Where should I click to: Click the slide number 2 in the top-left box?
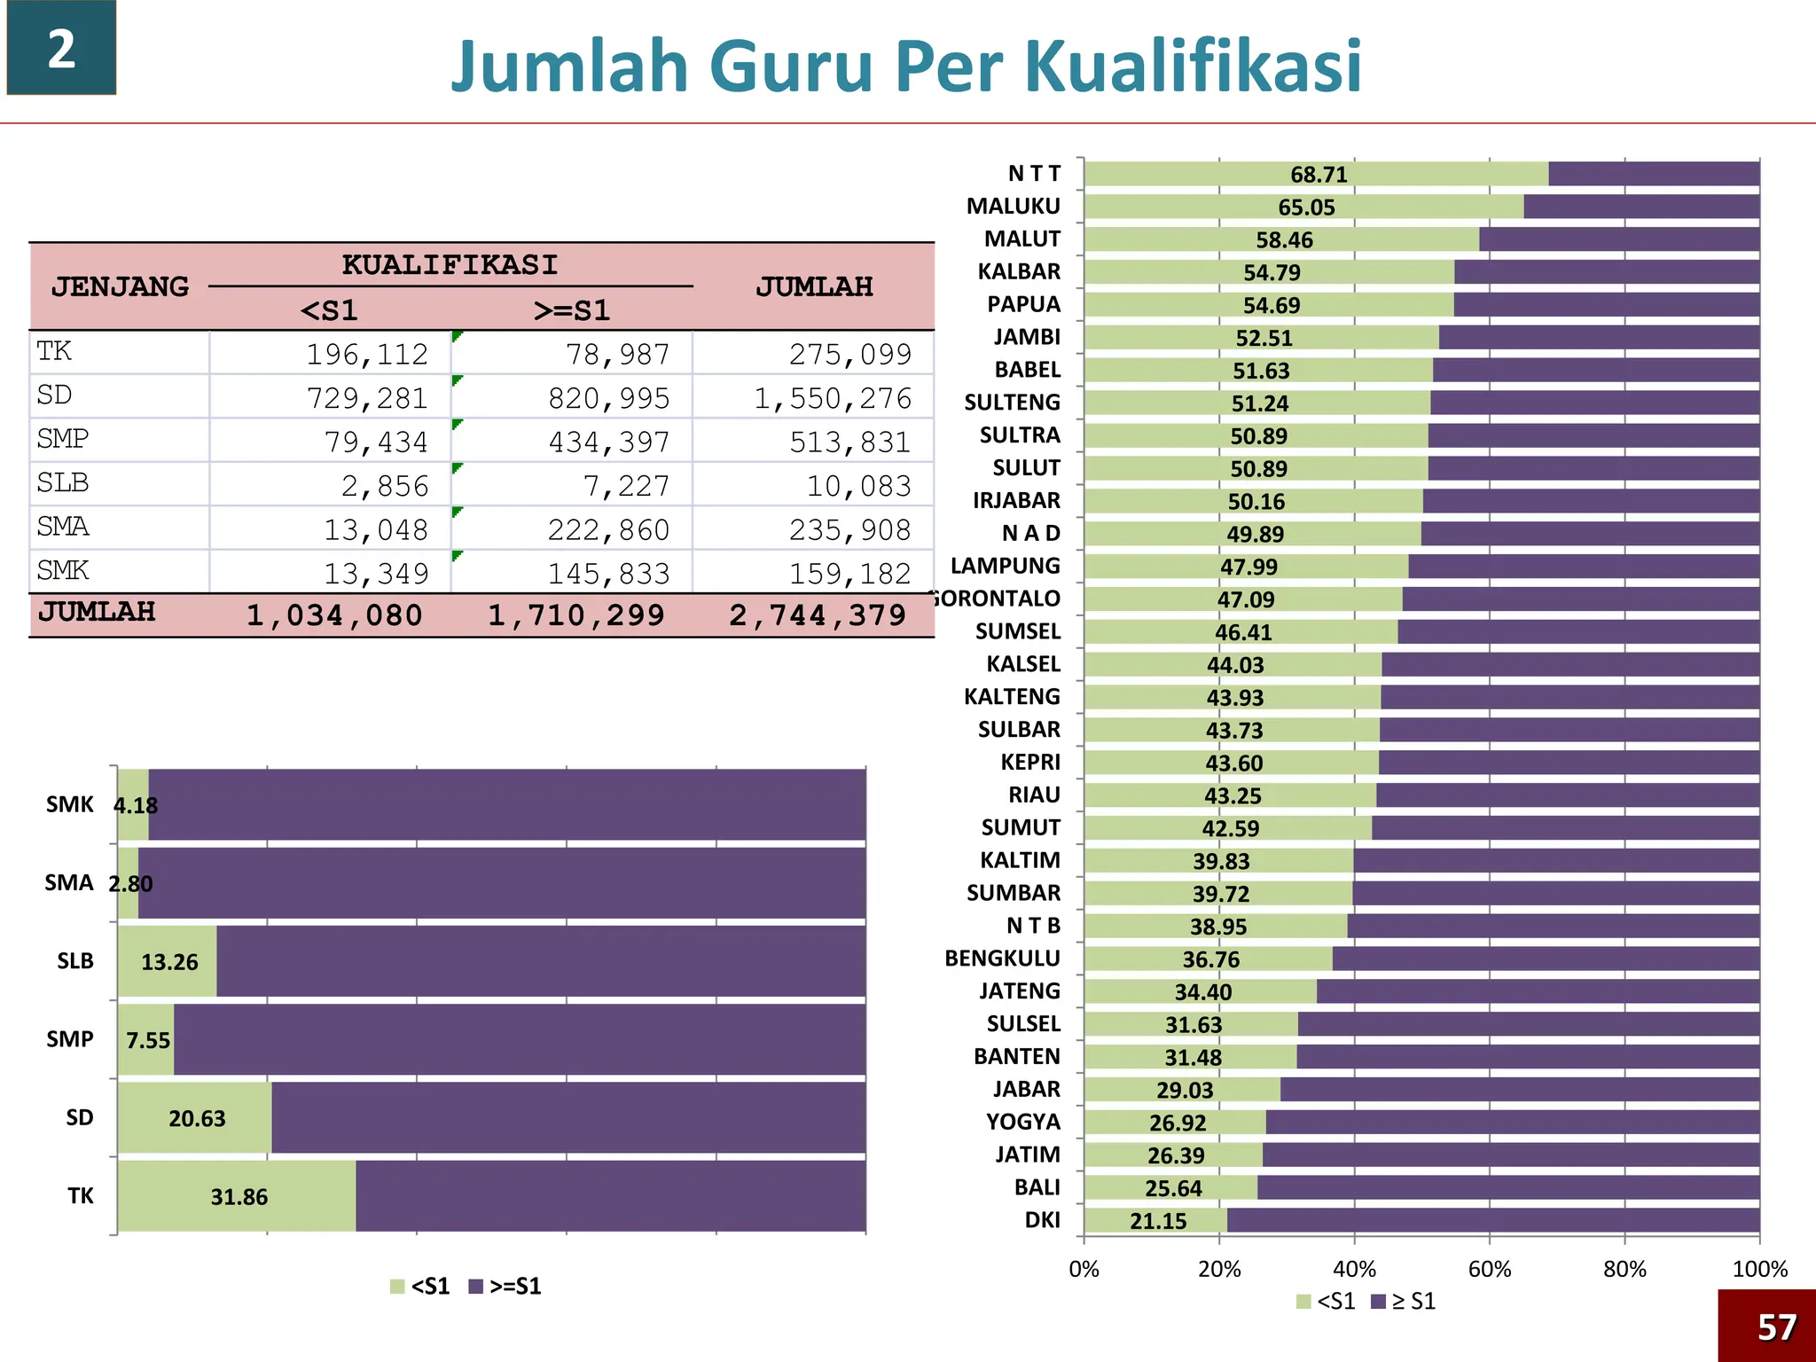pos(61,49)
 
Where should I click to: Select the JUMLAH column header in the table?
pos(814,287)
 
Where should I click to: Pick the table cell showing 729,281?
pos(367,398)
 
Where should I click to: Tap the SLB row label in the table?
pos(63,483)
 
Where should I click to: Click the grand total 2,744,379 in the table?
pos(818,615)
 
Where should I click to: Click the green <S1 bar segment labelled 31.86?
pos(237,1196)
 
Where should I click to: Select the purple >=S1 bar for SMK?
pos(505,804)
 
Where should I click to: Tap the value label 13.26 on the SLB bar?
pos(169,962)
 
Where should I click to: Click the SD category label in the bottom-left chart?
pos(80,1117)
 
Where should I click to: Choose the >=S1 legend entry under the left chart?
pos(505,1286)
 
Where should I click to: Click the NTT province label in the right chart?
pos(1034,174)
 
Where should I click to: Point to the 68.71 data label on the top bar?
pos(1319,175)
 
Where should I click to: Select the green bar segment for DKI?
pos(1155,1221)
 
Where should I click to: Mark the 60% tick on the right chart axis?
pos(1490,1269)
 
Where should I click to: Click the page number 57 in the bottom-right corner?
pos(1776,1327)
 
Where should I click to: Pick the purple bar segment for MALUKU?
pos(1640,207)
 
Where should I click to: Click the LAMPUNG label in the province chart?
pos(1006,566)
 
